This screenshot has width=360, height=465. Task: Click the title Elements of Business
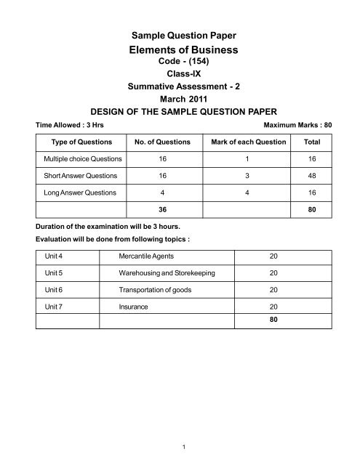[180, 50]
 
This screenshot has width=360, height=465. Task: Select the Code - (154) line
[180, 64]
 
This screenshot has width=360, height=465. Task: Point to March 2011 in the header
[180, 100]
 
